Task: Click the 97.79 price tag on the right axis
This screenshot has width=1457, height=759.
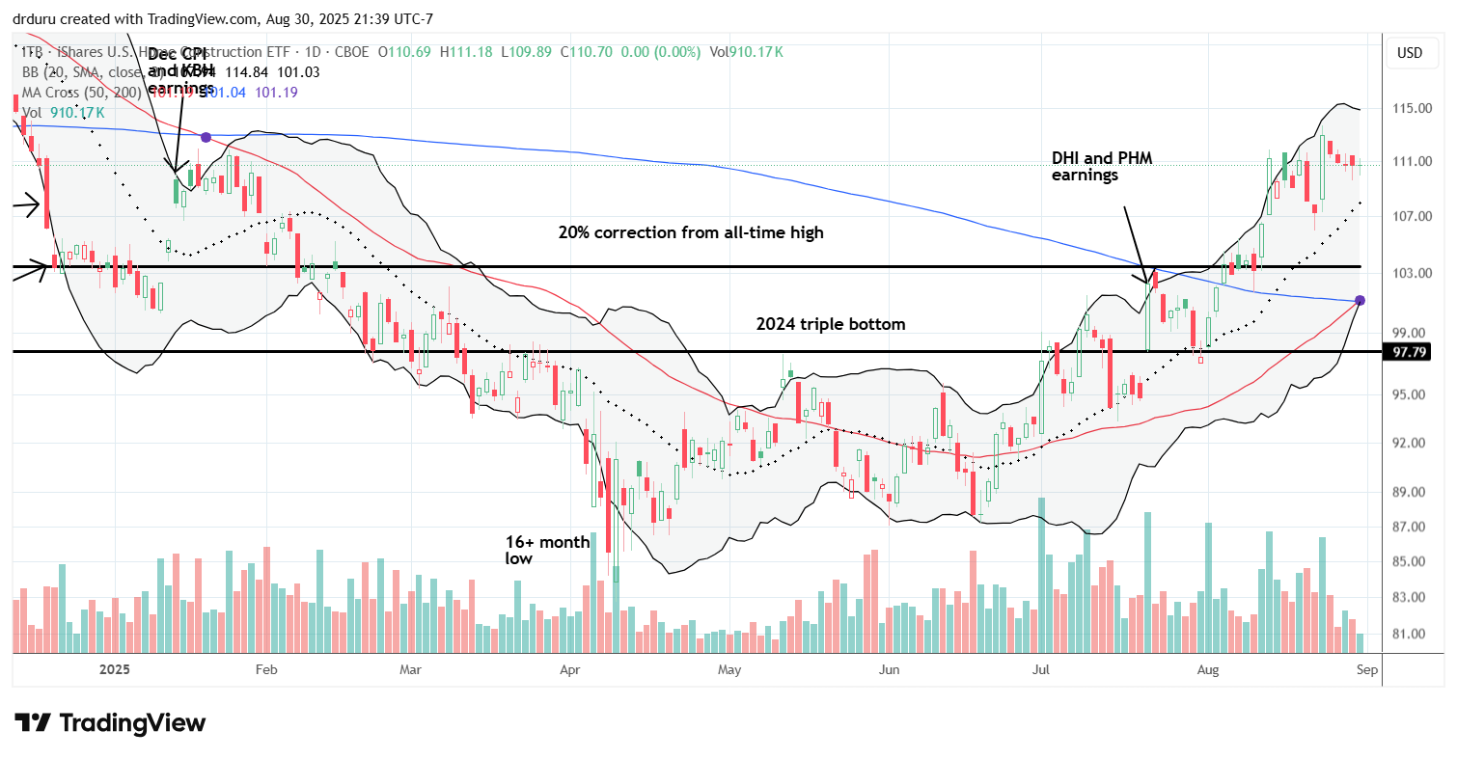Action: (1410, 353)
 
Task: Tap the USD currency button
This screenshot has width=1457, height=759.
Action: (1410, 52)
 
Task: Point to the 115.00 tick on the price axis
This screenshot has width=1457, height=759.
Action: (1410, 109)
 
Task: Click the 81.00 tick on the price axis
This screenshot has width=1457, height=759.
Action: (1410, 634)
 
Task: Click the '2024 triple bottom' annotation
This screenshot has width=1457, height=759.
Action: (831, 324)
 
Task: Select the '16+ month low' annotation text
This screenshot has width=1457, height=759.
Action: (547, 550)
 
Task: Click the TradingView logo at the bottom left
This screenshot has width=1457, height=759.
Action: (110, 722)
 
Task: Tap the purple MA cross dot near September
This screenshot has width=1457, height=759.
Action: (1360, 301)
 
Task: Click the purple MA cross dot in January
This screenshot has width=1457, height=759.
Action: (205, 138)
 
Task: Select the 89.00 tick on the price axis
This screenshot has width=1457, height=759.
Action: (1410, 492)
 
